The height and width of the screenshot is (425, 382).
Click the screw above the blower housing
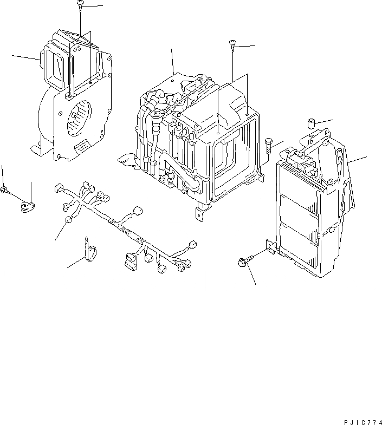coord(80,5)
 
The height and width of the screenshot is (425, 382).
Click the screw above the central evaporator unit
coord(232,44)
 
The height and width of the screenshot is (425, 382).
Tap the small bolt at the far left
coord(4,189)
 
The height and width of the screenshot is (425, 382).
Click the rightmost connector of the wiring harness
coord(186,264)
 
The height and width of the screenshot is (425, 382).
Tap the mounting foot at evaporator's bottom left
coord(126,159)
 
